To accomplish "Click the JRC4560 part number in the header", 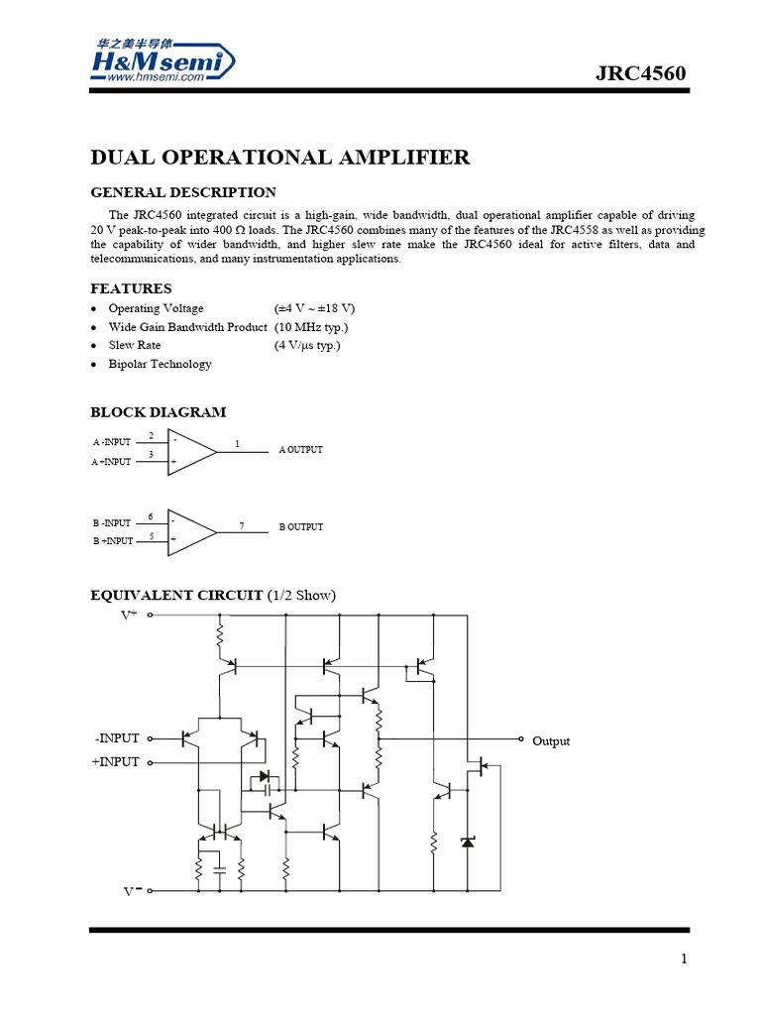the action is point(640,74).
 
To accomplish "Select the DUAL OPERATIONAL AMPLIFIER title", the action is point(280,158).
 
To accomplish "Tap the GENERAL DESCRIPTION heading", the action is point(183,192).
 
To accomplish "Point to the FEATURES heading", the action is point(131,288).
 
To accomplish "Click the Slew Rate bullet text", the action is point(135,345).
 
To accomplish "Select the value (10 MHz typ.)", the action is point(311,327).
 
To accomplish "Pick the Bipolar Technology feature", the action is point(160,364).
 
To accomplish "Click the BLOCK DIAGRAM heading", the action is point(159,411).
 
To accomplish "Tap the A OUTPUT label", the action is point(300,450).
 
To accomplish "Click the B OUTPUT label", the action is point(300,527).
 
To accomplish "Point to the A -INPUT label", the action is point(112,442).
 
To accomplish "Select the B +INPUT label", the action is point(112,541).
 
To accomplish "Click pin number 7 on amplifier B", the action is point(242,524).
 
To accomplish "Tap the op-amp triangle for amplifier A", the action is point(190,452).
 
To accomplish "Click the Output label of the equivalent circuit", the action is point(551,741).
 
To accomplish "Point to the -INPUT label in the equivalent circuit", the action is point(118,738).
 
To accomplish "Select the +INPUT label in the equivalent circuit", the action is point(117,762).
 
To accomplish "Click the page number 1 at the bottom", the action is point(684,959).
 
